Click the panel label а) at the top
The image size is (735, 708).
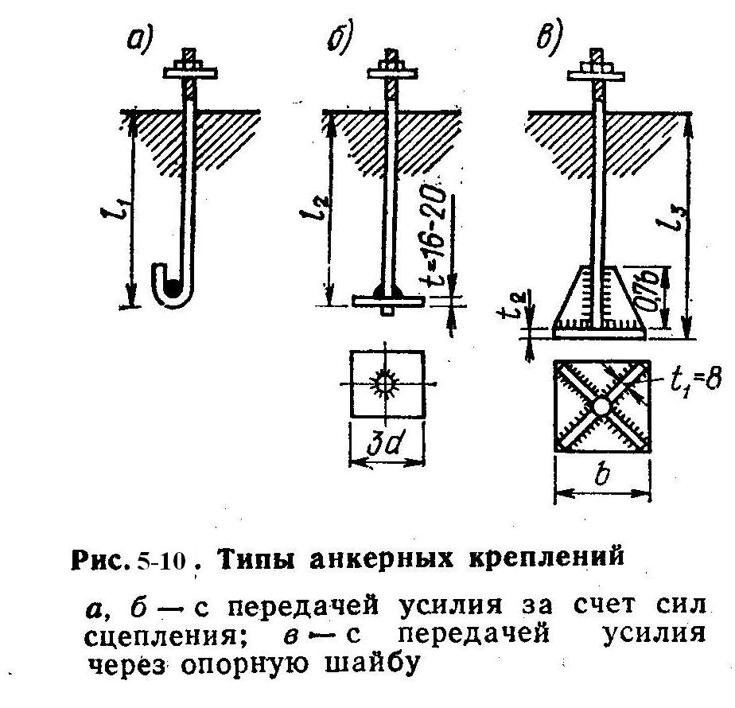[x=141, y=39]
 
